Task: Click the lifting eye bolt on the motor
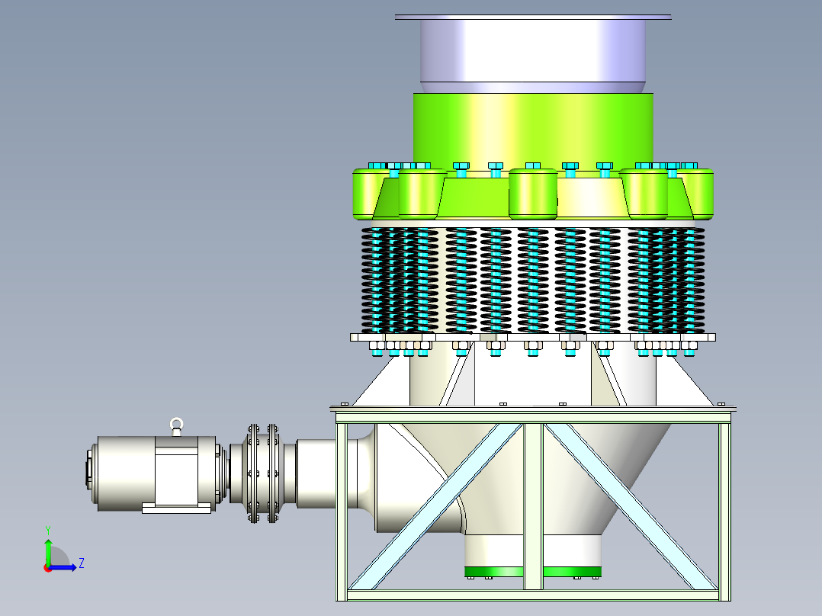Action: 177,426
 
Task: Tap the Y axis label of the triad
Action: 48,530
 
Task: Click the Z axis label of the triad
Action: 82,563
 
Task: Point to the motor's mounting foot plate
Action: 177,508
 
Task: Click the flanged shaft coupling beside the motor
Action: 262,473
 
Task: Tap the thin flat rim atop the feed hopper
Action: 532,18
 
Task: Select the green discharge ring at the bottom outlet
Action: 532,572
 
